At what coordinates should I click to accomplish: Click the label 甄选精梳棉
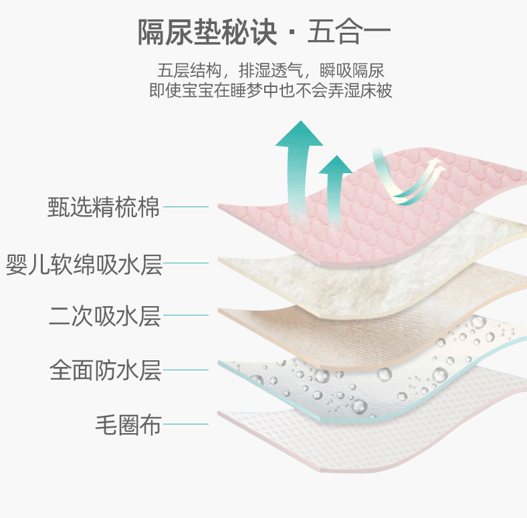(x=104, y=207)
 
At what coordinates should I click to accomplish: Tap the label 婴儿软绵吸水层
(x=84, y=263)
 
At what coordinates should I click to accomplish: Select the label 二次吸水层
(x=104, y=315)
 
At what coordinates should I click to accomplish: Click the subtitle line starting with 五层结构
(x=271, y=70)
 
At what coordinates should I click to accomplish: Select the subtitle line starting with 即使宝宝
(x=271, y=91)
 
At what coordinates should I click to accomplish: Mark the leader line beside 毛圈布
(x=186, y=424)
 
